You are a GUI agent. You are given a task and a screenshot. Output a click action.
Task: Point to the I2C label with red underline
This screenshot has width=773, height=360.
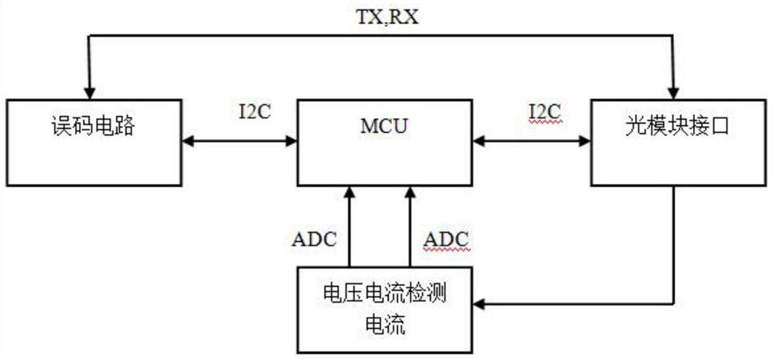544,113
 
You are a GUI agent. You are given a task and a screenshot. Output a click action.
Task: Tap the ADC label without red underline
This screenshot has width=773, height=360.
315,239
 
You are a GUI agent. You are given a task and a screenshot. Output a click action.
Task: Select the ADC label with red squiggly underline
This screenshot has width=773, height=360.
446,239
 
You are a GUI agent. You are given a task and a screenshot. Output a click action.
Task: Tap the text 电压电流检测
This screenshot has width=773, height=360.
385,294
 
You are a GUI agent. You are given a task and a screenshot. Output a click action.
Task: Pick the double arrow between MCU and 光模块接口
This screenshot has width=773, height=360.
532,141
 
